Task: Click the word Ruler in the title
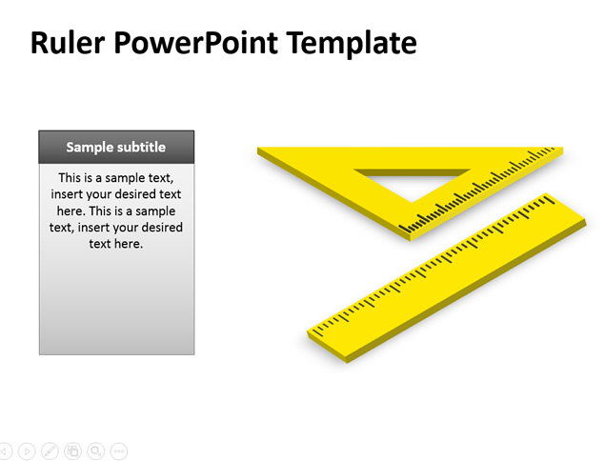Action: click(68, 42)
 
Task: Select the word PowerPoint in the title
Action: click(195, 43)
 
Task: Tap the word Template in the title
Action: click(352, 44)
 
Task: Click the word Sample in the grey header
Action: click(89, 147)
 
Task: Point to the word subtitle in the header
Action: click(141, 147)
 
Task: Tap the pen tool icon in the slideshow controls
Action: click(50, 451)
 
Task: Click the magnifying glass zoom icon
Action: click(95, 451)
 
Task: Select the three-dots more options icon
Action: click(119, 451)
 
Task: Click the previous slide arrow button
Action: click(5, 451)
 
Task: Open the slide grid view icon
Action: click(73, 451)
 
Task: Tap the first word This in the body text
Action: click(70, 178)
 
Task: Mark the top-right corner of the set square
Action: click(563, 148)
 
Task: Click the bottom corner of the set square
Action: click(410, 240)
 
